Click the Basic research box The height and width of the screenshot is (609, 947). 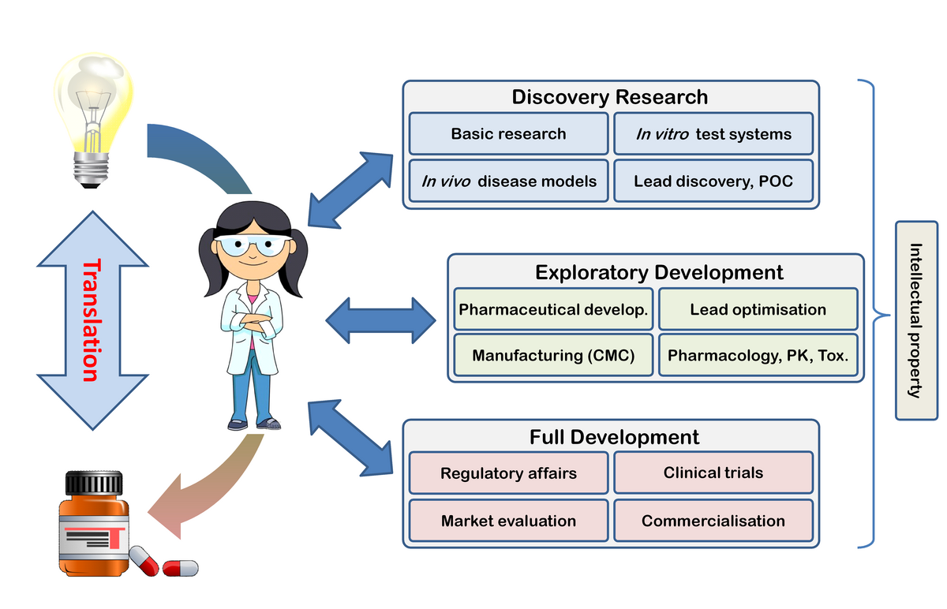click(508, 133)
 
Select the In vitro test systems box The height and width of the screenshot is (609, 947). click(713, 133)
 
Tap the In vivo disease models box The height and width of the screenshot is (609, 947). click(508, 181)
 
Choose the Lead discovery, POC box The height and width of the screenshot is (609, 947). click(713, 181)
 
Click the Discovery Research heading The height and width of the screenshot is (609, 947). click(609, 97)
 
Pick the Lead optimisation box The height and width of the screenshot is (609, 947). click(758, 309)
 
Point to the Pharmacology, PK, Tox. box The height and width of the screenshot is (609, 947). click(758, 355)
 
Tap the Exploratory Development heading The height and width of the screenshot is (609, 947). click(659, 272)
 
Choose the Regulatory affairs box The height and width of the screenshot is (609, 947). click(508, 473)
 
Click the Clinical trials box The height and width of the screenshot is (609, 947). click(713, 473)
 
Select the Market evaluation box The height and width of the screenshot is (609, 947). click(508, 521)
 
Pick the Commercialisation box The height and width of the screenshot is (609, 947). click(713, 521)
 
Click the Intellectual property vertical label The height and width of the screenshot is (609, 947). click(915, 320)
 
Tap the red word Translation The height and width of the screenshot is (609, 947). click(92, 320)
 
